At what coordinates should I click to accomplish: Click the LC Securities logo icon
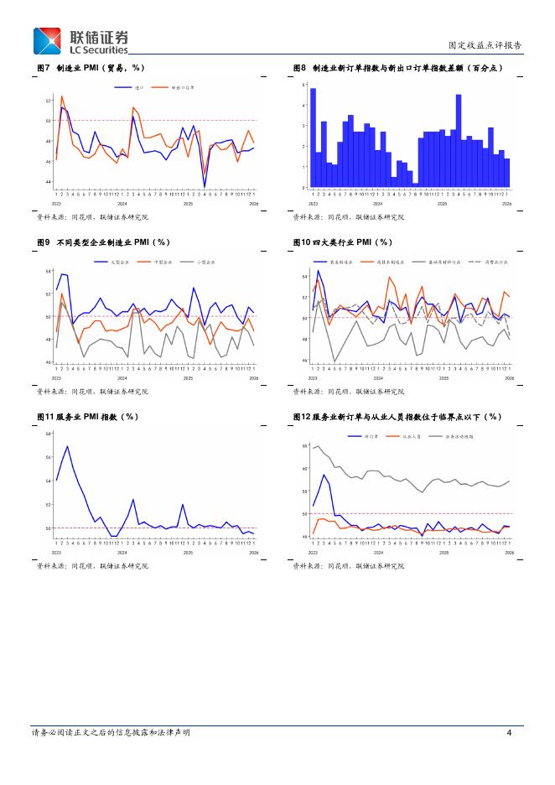47,41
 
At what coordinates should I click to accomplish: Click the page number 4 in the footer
510,732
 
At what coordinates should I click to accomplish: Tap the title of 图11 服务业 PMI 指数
88,416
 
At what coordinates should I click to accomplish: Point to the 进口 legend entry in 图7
133,87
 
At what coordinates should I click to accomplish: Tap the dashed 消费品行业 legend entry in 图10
487,263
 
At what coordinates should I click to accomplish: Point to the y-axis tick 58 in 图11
49,434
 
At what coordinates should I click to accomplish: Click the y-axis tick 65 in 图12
306,446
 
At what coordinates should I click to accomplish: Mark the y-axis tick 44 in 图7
49,182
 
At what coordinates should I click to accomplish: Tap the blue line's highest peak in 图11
67,446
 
